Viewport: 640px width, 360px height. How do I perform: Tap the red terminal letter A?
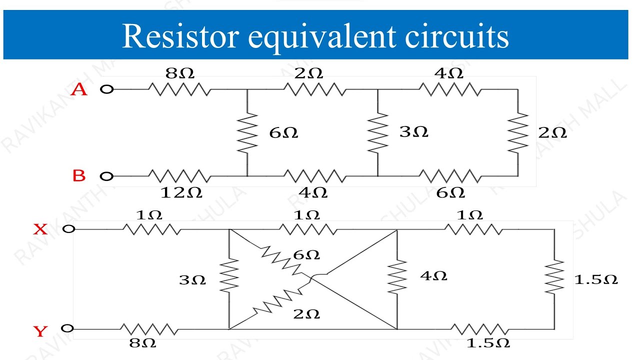pos(79,89)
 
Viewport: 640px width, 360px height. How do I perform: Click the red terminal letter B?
pos(79,176)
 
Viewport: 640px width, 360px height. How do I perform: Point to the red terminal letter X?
pos(40,229)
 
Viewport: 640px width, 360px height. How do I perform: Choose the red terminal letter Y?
pos(40,331)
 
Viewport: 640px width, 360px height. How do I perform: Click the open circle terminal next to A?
pos(106,89)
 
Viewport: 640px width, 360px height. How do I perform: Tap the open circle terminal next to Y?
pos(67,328)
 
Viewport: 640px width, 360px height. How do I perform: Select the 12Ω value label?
pos(181,192)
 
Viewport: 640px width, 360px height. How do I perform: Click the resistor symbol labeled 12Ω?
pos(179,176)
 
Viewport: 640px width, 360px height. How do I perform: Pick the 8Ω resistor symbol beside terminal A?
pos(179,89)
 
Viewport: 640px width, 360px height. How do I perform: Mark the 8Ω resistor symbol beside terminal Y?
pos(149,329)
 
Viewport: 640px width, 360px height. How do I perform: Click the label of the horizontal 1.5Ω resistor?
pos(487,343)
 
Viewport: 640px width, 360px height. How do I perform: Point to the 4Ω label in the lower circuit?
pos(433,275)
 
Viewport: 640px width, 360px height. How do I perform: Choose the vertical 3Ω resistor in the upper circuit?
pos(377,133)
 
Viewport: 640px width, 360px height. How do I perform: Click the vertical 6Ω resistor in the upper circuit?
pos(247,133)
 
